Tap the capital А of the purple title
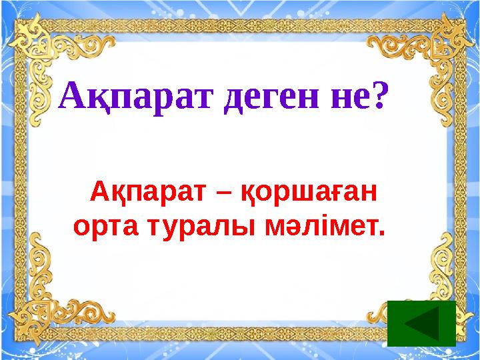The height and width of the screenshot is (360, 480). click(x=74, y=97)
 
